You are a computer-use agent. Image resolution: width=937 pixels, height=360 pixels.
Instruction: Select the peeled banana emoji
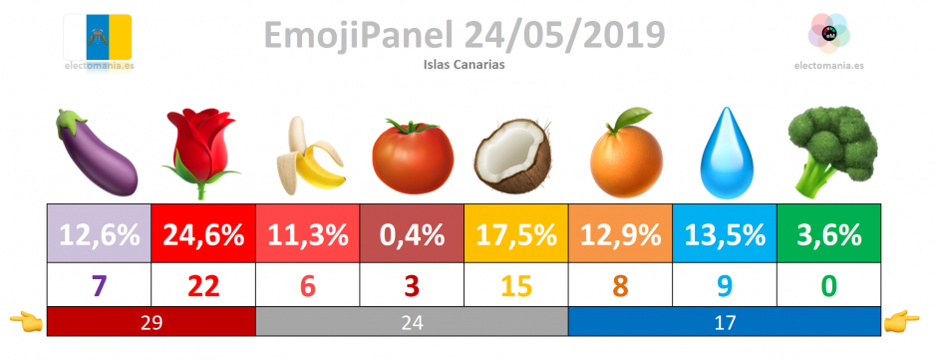(310, 157)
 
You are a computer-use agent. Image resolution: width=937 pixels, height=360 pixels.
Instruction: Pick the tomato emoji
(413, 156)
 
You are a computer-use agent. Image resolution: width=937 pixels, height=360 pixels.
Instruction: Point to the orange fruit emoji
(626, 153)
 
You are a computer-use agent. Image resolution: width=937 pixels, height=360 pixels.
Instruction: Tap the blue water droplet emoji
(725, 153)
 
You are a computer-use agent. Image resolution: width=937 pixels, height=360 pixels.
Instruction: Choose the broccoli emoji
(831, 151)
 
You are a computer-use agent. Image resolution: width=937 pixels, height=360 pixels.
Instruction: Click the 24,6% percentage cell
(203, 233)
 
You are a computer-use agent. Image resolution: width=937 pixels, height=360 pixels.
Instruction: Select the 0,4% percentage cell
(412, 233)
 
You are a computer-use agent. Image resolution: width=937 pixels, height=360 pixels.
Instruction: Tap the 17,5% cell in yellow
(516, 233)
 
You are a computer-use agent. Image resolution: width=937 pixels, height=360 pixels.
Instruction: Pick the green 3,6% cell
(828, 233)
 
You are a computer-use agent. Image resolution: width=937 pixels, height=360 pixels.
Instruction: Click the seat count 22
(203, 286)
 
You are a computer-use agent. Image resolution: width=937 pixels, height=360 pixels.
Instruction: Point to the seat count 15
(516, 286)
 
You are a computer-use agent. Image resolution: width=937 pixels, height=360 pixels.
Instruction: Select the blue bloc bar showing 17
(725, 322)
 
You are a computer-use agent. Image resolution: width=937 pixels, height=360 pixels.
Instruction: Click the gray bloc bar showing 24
(412, 322)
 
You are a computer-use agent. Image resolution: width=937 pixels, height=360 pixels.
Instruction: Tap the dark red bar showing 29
(152, 322)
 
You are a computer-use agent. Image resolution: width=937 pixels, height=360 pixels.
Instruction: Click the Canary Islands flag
(98, 37)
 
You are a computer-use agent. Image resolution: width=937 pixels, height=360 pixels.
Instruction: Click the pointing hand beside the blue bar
(902, 321)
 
